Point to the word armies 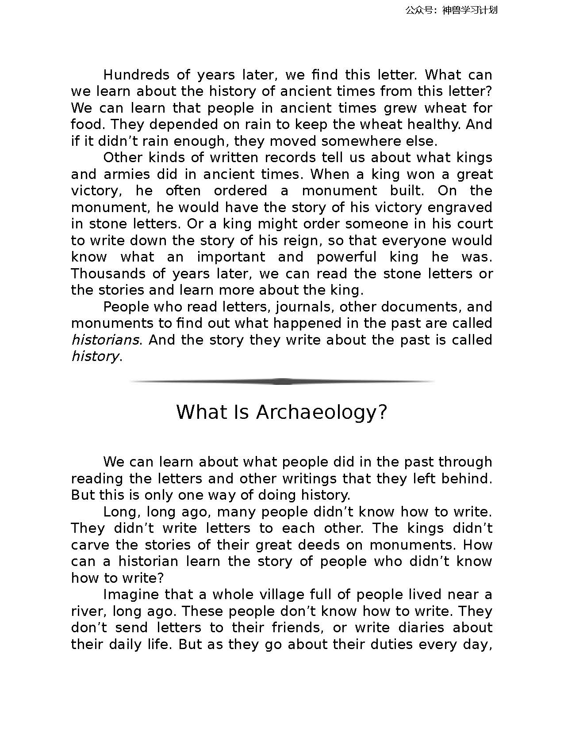pyautogui.click(x=127, y=175)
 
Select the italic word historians pyautogui.click(x=105, y=340)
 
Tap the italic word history pyautogui.click(x=95, y=357)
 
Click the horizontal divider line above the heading pyautogui.click(x=282, y=381)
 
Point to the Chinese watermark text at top pyautogui.click(x=451, y=10)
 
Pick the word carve pyautogui.click(x=91, y=545)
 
